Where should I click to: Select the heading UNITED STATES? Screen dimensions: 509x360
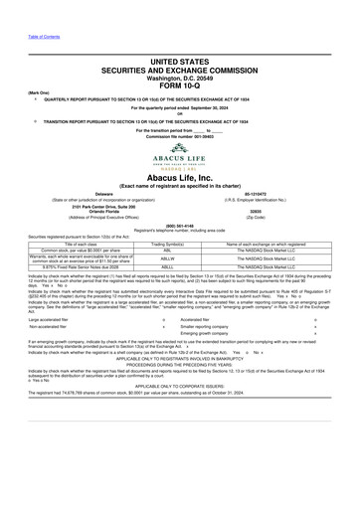coord(180,61)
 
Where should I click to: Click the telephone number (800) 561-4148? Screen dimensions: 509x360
coord(180,224)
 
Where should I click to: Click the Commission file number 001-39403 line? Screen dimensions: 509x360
coord(180,135)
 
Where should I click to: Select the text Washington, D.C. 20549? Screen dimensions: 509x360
coord(180,75)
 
